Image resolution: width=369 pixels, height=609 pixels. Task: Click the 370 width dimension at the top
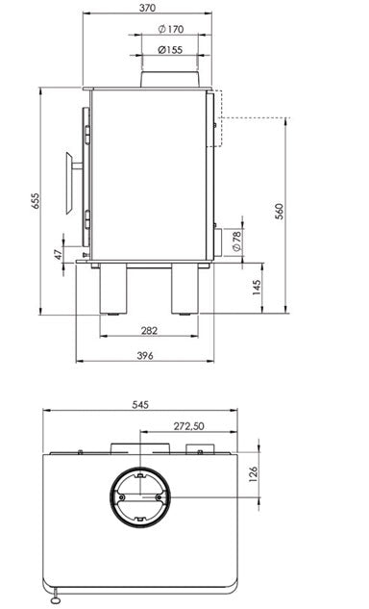tap(147, 8)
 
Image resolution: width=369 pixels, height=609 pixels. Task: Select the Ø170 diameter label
tap(171, 29)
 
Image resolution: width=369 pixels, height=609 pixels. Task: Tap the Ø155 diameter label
tap(170, 50)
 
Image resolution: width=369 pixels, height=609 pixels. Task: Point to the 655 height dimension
tap(36, 201)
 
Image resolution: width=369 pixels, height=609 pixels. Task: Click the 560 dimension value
tap(280, 212)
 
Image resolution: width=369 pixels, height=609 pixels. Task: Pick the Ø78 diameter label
tap(237, 241)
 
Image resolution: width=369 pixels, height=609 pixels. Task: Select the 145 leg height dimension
tap(257, 288)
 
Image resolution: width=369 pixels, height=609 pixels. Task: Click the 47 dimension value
tap(58, 254)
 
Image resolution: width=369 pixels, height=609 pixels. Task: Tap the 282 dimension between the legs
tap(149, 331)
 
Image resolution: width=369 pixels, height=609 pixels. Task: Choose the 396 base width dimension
tap(145, 355)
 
